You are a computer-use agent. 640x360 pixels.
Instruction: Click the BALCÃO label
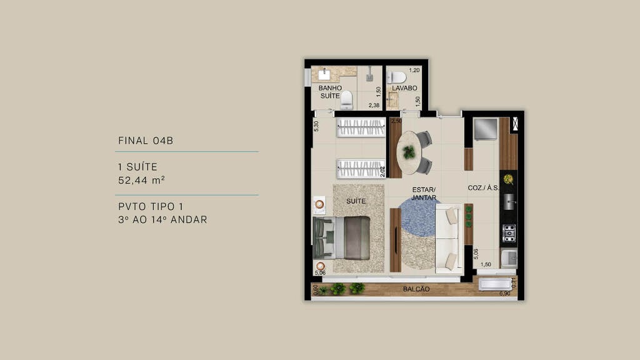[416, 289]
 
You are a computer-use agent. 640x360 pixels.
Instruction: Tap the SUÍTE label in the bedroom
[356, 201]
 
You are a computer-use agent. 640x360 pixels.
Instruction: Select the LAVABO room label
[404, 88]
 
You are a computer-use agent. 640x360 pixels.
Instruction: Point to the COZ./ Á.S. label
[483, 188]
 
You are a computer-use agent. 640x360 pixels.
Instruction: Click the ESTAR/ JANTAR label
[423, 193]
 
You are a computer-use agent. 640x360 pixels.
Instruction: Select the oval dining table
[409, 152]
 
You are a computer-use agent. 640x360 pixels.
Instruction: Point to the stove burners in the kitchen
[509, 233]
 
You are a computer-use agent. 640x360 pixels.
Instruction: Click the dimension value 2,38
[374, 106]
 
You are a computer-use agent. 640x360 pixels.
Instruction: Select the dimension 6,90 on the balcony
[504, 293]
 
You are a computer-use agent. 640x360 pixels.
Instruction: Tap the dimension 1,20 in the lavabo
[414, 71]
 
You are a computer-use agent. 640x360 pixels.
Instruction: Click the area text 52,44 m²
[141, 180]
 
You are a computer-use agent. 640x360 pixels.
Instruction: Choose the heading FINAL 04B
[146, 141]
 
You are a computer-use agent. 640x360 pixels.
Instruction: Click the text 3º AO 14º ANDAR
[162, 220]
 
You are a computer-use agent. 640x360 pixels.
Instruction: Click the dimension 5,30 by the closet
[316, 126]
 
